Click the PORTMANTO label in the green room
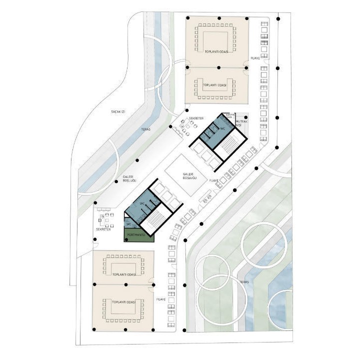[136, 234]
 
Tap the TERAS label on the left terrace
[145, 129]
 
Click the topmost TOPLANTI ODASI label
[216, 51]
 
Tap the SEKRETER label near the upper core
[195, 118]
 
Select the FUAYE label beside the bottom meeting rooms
[161, 299]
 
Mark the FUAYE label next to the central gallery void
[215, 179]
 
